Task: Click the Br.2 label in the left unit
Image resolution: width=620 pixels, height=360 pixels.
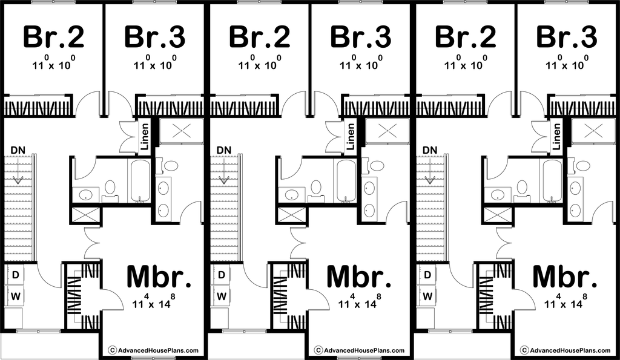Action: coord(53,36)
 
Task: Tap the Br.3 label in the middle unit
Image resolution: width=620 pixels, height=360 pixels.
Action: coord(361,36)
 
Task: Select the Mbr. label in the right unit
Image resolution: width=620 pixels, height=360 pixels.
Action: coord(565,277)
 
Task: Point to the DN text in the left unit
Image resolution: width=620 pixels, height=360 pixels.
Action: coord(18,150)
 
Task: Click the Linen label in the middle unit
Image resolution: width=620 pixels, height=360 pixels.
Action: coord(351,136)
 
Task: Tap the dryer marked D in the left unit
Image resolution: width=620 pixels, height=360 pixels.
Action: coord(15,275)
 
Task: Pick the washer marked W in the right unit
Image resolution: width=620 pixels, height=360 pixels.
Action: coord(427,296)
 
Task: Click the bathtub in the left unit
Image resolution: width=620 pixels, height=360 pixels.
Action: coord(140,180)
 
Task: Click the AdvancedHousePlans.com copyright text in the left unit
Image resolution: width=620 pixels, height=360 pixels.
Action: coord(153,350)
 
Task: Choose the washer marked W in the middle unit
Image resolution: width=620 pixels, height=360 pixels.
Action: coord(222,296)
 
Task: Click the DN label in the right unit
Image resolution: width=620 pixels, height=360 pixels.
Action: coord(430,150)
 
